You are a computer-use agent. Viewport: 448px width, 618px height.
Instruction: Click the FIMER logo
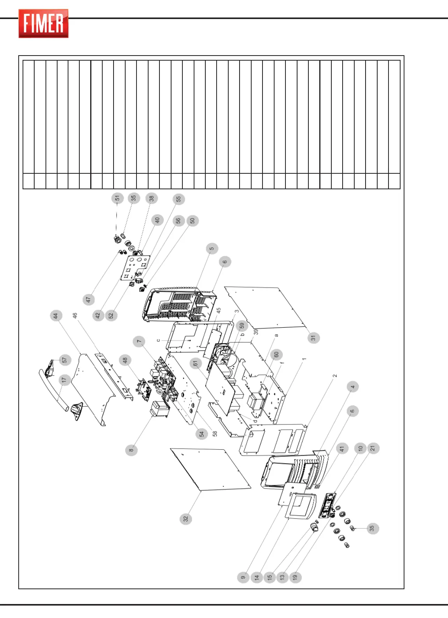(x=44, y=24)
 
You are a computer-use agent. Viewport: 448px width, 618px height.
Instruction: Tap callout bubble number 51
(x=117, y=198)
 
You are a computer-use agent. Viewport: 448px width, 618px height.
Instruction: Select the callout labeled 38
(x=151, y=198)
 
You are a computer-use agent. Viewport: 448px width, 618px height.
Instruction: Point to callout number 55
(x=178, y=199)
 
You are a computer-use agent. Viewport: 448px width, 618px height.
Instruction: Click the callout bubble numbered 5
(x=212, y=249)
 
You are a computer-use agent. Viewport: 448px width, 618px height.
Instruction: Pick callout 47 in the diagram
(x=89, y=300)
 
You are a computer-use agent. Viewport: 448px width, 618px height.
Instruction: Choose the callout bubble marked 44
(x=56, y=316)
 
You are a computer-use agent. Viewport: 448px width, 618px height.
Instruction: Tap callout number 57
(x=65, y=360)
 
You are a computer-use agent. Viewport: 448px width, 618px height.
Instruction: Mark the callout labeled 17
(x=65, y=380)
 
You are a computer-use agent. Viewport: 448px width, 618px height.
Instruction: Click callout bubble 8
(x=131, y=450)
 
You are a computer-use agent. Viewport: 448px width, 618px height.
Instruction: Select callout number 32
(x=186, y=518)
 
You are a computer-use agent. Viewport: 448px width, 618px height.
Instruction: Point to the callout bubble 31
(x=313, y=338)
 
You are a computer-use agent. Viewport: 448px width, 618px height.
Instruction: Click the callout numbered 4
(x=353, y=387)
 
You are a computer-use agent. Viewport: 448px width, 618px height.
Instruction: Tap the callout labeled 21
(x=373, y=448)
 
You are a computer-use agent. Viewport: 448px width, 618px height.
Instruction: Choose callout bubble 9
(x=243, y=577)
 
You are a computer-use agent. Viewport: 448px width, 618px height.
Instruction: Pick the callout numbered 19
(x=295, y=577)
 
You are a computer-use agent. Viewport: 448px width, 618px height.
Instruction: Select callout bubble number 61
(x=196, y=363)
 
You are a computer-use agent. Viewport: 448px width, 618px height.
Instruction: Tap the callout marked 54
(x=201, y=434)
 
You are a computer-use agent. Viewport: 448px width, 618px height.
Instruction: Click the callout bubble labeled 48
(x=125, y=360)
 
